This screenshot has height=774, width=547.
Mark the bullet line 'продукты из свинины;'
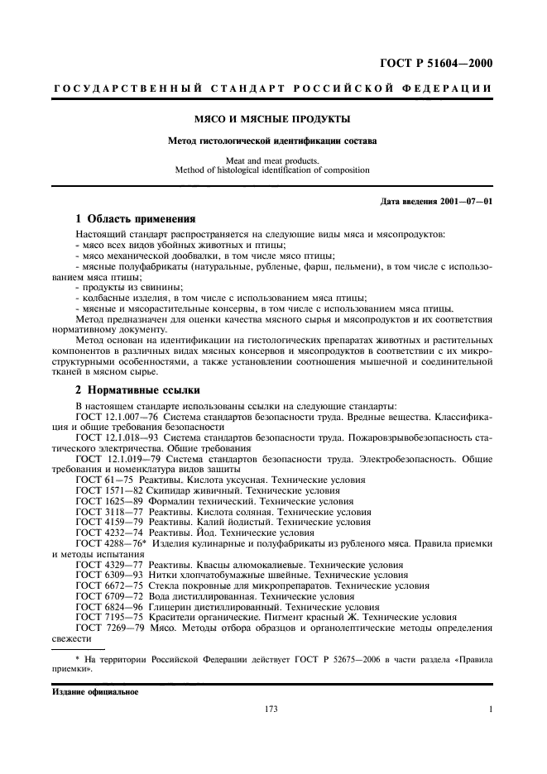[x=119, y=287]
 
